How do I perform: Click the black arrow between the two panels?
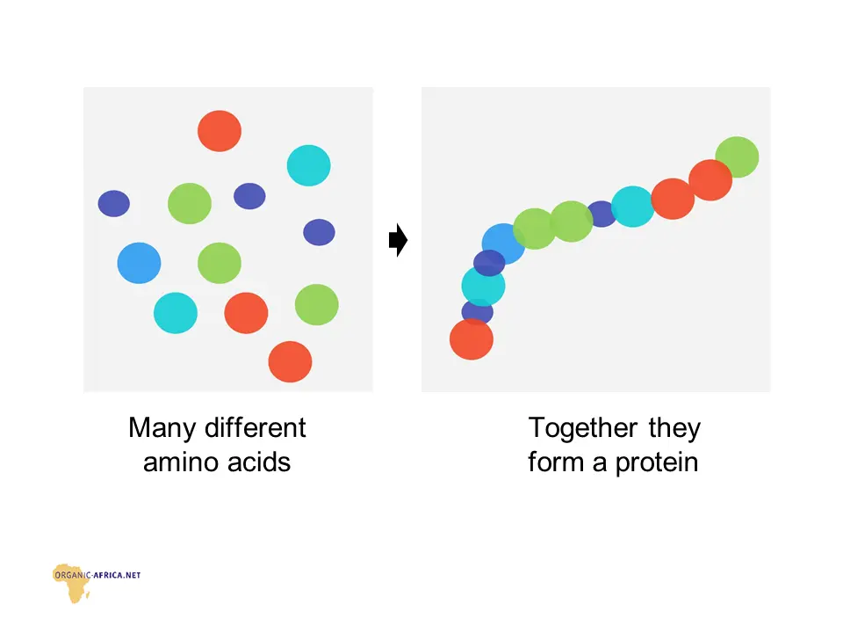399,240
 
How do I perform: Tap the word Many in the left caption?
162,429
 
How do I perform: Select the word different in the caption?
256,428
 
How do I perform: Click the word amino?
179,462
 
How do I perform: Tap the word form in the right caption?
556,462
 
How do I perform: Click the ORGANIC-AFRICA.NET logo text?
97,575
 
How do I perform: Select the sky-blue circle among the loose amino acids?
140,263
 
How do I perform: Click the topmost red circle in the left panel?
220,131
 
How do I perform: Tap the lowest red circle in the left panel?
291,361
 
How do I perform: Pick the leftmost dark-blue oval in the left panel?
114,203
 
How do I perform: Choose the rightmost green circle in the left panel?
317,305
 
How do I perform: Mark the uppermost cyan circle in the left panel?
308,165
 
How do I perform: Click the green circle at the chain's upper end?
737,157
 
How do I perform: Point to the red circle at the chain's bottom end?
472,339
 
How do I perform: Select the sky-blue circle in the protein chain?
503,244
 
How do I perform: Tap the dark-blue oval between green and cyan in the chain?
602,214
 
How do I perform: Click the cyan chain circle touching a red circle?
633,207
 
